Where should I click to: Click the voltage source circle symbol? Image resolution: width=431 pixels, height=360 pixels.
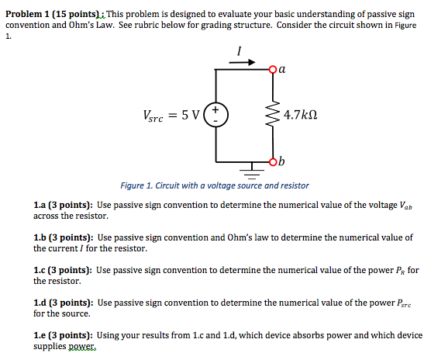point(216,115)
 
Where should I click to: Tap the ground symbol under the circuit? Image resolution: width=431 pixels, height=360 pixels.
point(250,168)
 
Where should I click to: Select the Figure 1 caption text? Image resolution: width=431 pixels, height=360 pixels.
point(215,185)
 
